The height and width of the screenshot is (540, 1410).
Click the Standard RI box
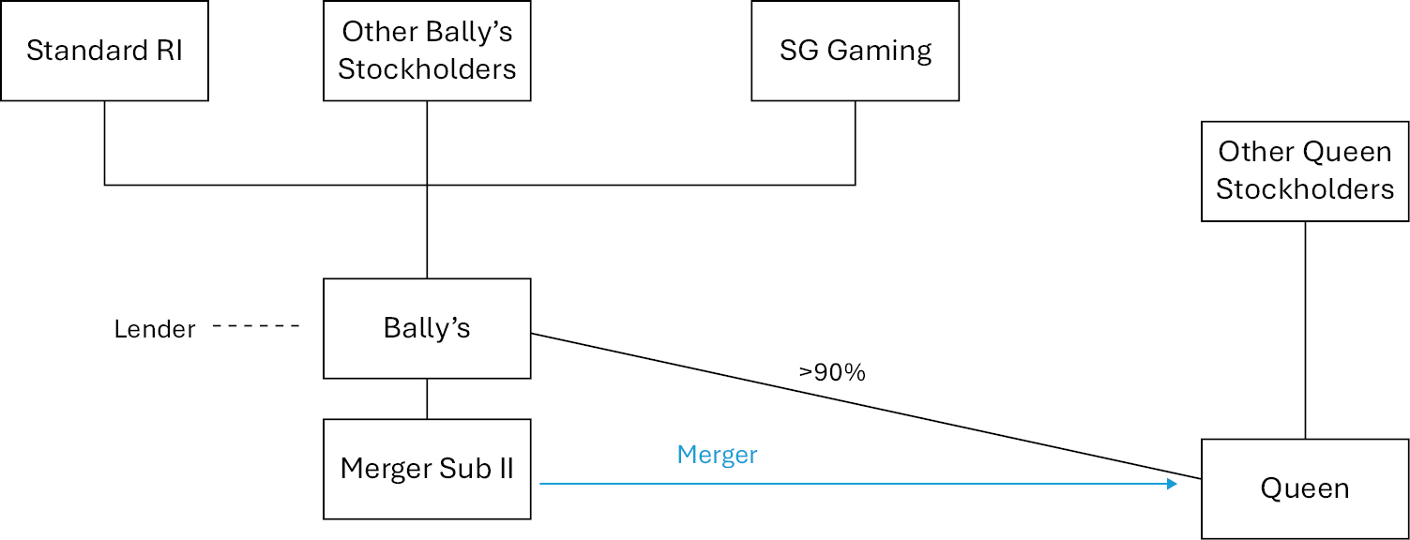pyautogui.click(x=104, y=51)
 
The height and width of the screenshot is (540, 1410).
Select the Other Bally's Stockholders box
pyautogui.click(x=427, y=51)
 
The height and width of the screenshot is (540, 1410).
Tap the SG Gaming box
pyautogui.click(x=855, y=51)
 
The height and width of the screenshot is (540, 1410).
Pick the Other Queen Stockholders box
pyautogui.click(x=1305, y=171)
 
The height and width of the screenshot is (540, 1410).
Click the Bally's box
pyautogui.click(x=427, y=328)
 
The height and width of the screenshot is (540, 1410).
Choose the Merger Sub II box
pyautogui.click(x=427, y=469)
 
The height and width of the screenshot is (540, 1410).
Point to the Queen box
pyautogui.click(x=1305, y=488)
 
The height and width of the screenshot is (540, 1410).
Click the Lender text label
pyautogui.click(x=155, y=329)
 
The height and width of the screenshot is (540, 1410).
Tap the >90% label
pyautogui.click(x=832, y=372)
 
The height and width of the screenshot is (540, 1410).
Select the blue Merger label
pyautogui.click(x=717, y=455)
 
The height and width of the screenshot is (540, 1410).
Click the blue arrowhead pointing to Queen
pyautogui.click(x=1172, y=484)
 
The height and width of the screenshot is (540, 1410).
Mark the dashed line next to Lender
pyautogui.click(x=256, y=326)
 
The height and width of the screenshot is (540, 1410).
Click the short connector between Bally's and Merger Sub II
pyautogui.click(x=427, y=398)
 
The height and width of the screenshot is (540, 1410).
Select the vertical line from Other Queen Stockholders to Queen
pyautogui.click(x=1305, y=328)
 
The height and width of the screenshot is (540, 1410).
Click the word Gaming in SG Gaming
pyautogui.click(x=886, y=51)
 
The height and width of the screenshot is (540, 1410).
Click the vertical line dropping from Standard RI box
pyautogui.click(x=104, y=141)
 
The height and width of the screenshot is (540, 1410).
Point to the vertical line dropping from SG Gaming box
pyautogui.click(x=855, y=141)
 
